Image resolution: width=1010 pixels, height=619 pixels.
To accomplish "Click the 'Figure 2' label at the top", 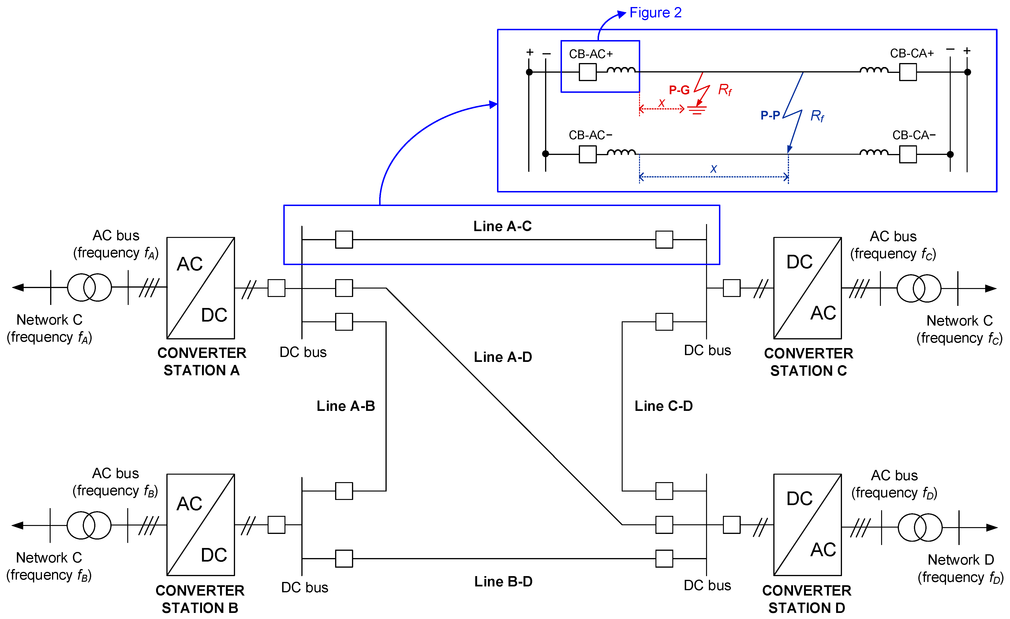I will coord(655,13).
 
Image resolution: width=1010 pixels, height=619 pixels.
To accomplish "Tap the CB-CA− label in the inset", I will coord(914,135).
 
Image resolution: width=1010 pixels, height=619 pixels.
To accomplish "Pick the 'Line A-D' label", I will coord(503,357).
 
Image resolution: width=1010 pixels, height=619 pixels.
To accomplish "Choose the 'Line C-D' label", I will coord(663,406).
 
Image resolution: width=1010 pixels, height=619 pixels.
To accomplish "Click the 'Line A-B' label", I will coord(346,406).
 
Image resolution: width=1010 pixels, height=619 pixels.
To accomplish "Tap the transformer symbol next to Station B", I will coord(89,525).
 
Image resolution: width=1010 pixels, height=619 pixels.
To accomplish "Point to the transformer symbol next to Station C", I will coord(919,289).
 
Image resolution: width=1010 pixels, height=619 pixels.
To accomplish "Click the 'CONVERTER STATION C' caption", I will coord(808,362).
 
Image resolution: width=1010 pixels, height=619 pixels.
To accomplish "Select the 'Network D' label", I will coord(960,559).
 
